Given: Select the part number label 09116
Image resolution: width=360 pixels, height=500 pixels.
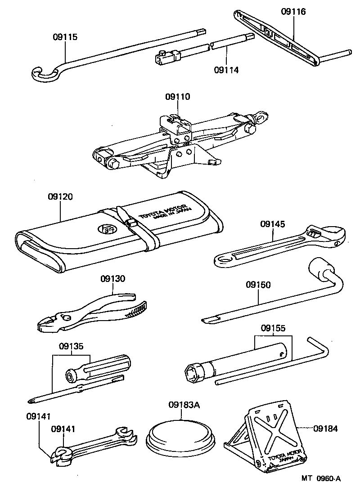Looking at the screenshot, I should pos(293,12).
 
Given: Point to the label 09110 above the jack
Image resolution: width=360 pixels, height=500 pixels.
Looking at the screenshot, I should pos(177,96).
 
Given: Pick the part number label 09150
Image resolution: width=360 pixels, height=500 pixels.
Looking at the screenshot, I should pos(258,285).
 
